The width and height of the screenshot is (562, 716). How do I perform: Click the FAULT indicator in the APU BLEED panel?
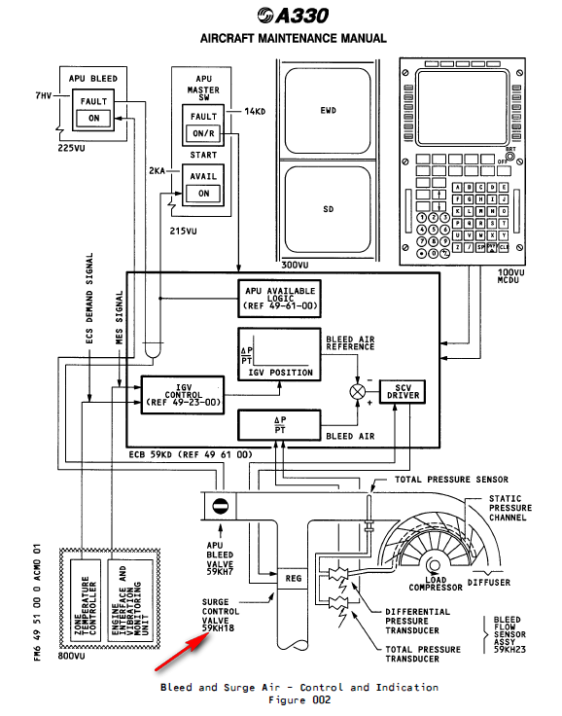coord(94,100)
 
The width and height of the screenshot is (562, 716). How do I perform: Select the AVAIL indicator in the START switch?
coord(204,176)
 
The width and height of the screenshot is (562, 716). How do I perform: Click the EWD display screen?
coord(328,110)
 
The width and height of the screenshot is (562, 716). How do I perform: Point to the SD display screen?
coord(328,208)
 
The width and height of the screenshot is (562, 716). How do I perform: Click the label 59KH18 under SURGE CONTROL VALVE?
coord(218,630)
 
